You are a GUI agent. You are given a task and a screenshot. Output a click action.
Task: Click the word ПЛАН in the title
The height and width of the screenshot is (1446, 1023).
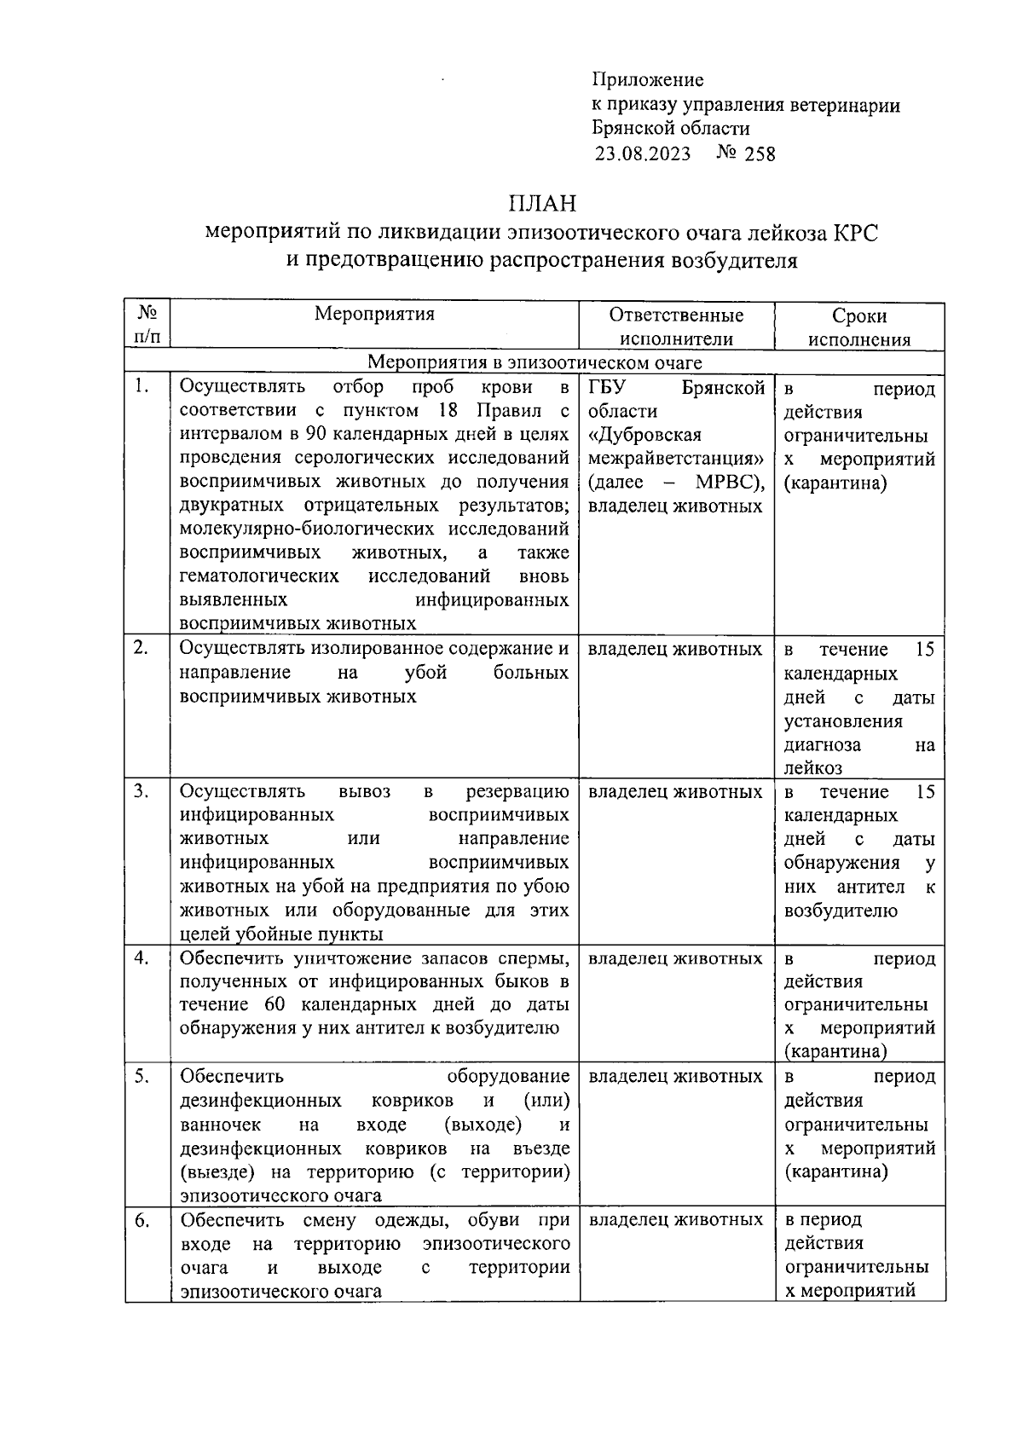(542, 204)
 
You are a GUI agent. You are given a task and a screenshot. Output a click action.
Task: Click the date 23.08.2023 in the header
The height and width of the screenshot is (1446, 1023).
(643, 154)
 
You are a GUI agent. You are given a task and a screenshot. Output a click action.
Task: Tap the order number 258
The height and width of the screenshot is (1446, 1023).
(760, 154)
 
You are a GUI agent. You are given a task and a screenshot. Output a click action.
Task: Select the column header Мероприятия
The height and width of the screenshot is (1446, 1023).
(374, 314)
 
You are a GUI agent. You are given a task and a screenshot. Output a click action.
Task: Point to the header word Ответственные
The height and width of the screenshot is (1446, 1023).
(676, 315)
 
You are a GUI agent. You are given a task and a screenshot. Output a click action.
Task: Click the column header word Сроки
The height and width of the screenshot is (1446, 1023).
(858, 316)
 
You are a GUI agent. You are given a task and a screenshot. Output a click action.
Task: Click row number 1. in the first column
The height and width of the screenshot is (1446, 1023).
(142, 387)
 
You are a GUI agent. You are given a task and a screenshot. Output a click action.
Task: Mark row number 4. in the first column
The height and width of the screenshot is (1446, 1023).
(142, 957)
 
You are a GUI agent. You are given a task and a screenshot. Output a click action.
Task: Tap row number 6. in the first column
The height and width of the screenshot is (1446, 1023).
(142, 1222)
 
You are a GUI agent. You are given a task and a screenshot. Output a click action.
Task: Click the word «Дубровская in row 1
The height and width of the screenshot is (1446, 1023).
(644, 435)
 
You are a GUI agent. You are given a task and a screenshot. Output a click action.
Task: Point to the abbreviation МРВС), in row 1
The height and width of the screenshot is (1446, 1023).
(730, 483)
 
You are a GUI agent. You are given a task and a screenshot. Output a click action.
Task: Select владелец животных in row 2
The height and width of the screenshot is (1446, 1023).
(675, 650)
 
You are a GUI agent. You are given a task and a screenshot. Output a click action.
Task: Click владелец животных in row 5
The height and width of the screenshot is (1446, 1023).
(675, 1077)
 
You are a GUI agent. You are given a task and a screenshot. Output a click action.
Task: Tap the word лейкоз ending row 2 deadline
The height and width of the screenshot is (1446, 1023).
(812, 768)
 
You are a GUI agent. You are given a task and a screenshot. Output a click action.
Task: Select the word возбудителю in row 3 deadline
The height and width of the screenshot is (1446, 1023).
(841, 911)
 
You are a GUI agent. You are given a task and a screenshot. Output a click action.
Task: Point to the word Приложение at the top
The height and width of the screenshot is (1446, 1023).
(648, 80)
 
